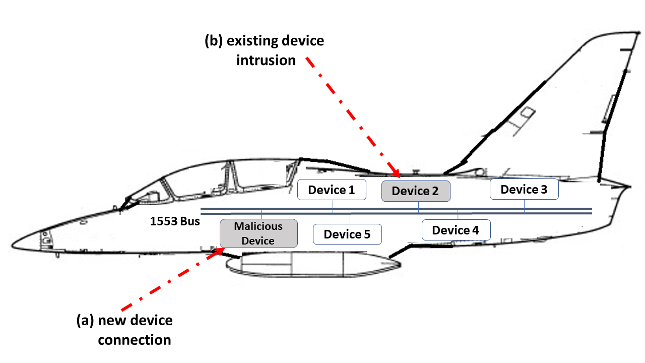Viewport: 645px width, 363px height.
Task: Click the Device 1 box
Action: pyautogui.click(x=331, y=190)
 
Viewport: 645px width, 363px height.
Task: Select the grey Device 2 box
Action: pyautogui.click(x=415, y=191)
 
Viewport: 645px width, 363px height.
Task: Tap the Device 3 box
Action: pyautogui.click(x=524, y=189)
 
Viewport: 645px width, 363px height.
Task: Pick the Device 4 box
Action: pyautogui.click(x=456, y=230)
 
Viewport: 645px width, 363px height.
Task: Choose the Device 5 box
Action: pyautogui.click(x=347, y=234)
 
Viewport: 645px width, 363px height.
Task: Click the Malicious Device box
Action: pyautogui.click(x=258, y=233)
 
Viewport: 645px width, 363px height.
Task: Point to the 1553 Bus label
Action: pyautogui.click(x=175, y=221)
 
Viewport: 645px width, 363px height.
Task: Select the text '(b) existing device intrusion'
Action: pyautogui.click(x=265, y=50)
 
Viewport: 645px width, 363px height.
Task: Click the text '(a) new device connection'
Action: pyautogui.click(x=124, y=330)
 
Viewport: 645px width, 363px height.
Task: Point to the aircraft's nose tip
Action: pyautogui.click(x=14, y=245)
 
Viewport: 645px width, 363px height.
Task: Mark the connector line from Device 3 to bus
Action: pyautogui.click(x=524, y=206)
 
